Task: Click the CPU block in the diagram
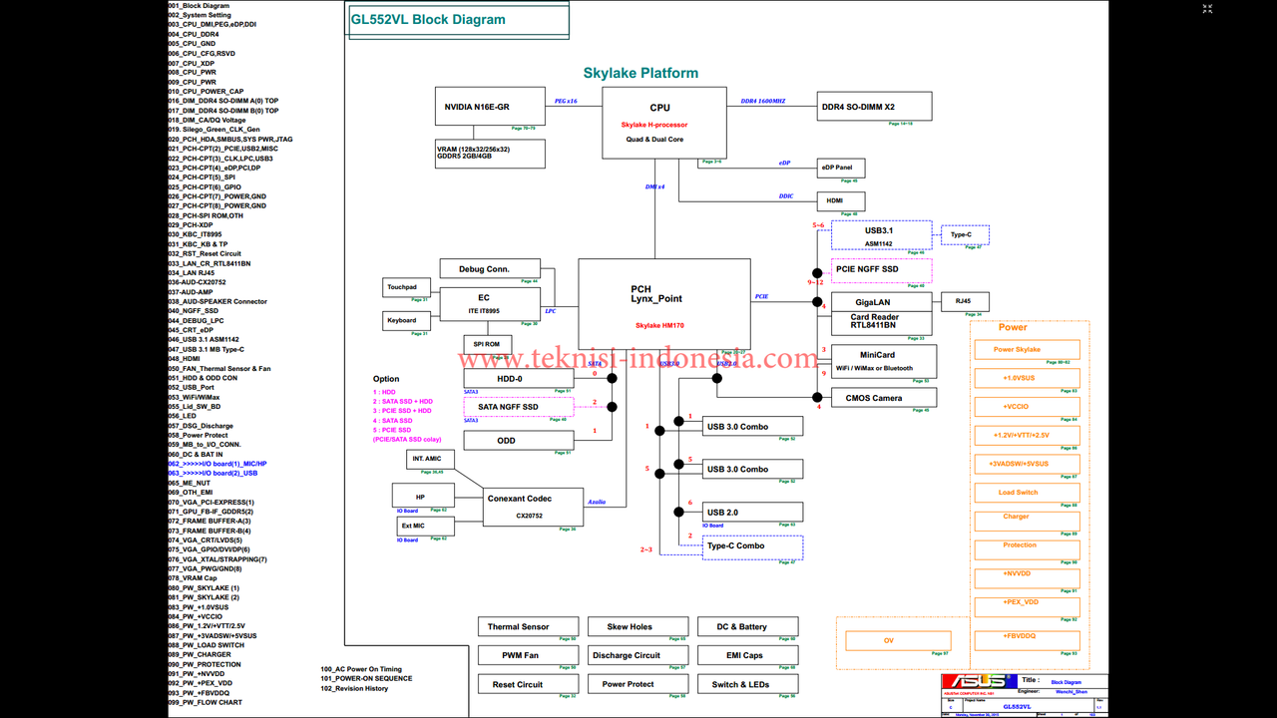(659, 122)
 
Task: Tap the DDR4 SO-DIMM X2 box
(874, 107)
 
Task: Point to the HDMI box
(835, 200)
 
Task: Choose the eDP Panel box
(840, 168)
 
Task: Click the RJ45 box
(964, 301)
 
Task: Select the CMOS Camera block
(873, 398)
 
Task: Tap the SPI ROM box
(486, 344)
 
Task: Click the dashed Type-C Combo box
(752, 546)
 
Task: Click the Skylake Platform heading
(640, 73)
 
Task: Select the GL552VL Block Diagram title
(428, 20)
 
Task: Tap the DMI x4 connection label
(656, 186)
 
